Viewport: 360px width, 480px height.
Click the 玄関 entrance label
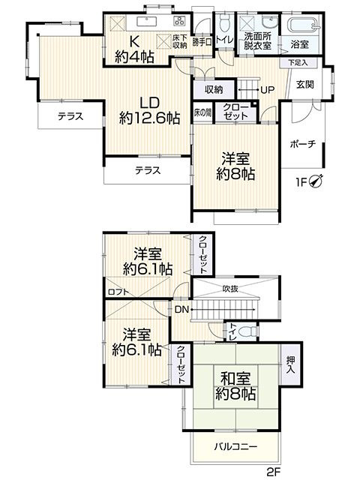[x=304, y=84]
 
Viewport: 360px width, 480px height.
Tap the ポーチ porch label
[x=301, y=145]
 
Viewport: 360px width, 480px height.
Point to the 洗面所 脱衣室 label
[x=257, y=40]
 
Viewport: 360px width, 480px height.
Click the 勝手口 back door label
[x=202, y=42]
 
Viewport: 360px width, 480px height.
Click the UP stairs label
[x=267, y=90]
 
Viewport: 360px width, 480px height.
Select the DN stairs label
[x=181, y=308]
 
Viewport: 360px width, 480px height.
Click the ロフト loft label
[x=117, y=292]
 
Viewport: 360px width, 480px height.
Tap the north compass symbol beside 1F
[x=317, y=181]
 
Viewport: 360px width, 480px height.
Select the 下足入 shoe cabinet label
[x=298, y=63]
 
